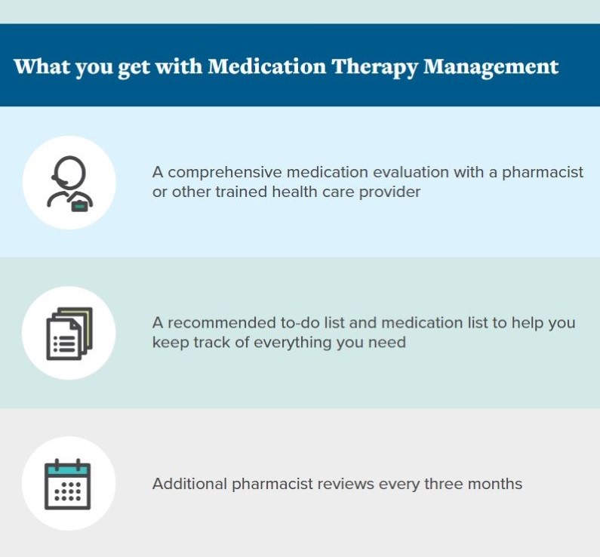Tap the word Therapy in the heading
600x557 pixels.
(x=370, y=66)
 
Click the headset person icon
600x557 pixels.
(x=69, y=183)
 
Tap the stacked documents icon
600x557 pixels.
(x=69, y=334)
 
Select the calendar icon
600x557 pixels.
(x=68, y=484)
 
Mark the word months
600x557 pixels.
(x=497, y=484)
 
